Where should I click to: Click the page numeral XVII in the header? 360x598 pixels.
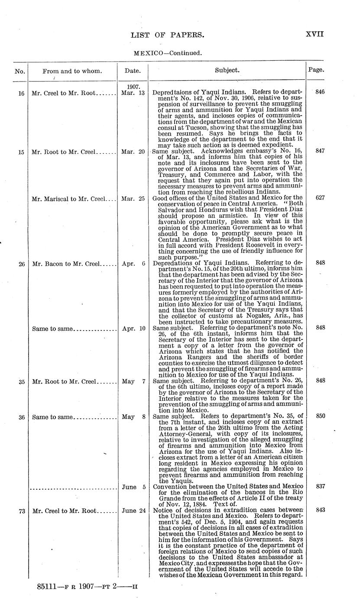[x=315, y=35]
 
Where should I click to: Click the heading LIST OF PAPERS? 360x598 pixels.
[x=167, y=35]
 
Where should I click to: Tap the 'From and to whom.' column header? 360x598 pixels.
[x=72, y=71]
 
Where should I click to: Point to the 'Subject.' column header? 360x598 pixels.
[x=227, y=70]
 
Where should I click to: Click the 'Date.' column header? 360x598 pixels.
[x=133, y=70]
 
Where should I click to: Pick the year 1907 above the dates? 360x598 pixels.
[x=133, y=86]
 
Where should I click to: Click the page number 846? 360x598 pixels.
[x=320, y=92]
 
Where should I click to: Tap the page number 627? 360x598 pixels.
[x=320, y=198]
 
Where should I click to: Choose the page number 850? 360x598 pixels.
[x=320, y=416]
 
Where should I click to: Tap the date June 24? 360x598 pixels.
[x=133, y=511]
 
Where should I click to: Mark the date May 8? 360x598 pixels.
[x=133, y=417]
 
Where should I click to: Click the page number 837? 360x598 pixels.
[x=320, y=487]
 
